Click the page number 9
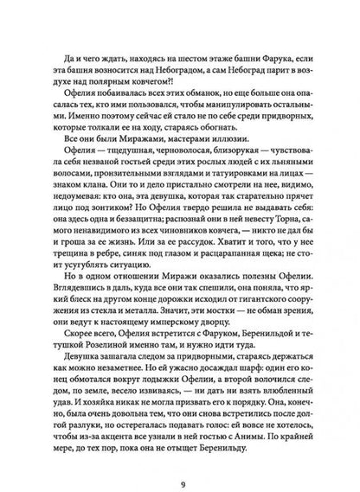[x=180, y=459]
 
